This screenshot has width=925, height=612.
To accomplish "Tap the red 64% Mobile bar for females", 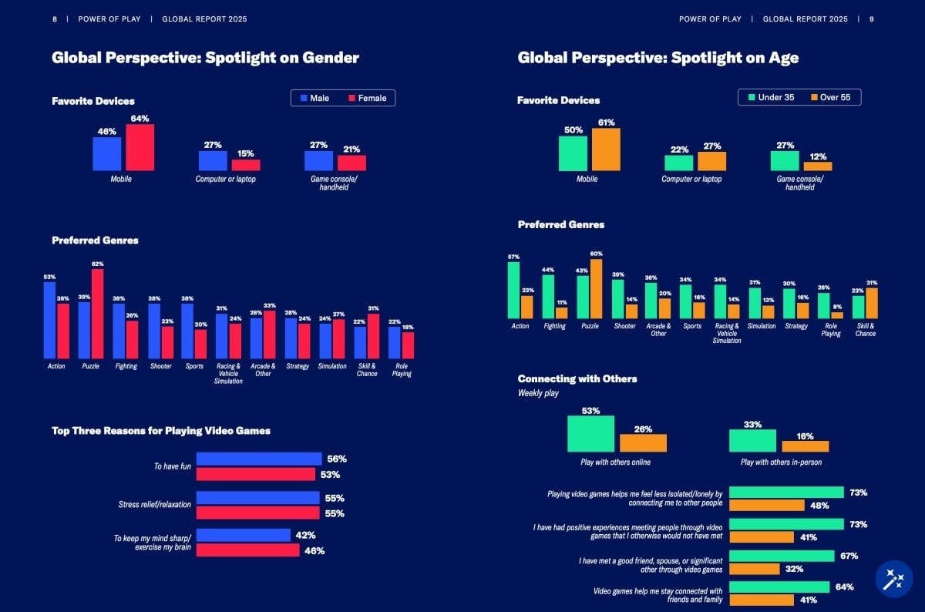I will click(x=140, y=147).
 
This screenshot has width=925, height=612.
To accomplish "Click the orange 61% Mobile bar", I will click(x=606, y=150).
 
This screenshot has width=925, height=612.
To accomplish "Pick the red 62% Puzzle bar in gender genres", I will click(x=97, y=314).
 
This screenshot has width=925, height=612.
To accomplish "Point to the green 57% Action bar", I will click(x=513, y=291).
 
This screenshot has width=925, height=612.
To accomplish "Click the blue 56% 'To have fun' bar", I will click(x=259, y=459).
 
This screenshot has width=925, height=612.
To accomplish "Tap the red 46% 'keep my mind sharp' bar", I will click(x=247, y=550).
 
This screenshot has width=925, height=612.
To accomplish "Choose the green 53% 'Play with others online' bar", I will click(x=591, y=434).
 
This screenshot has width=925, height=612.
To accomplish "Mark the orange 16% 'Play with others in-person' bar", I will click(x=805, y=446).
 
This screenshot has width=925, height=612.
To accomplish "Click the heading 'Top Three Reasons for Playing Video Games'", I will click(x=161, y=431).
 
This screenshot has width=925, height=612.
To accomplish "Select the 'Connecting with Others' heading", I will click(x=577, y=378).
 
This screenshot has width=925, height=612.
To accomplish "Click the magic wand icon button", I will click(x=894, y=579).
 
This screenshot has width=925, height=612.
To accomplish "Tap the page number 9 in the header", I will click(x=871, y=18).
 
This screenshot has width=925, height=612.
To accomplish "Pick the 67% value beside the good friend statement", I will click(x=849, y=556).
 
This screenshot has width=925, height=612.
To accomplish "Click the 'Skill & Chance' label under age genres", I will click(x=865, y=330).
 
